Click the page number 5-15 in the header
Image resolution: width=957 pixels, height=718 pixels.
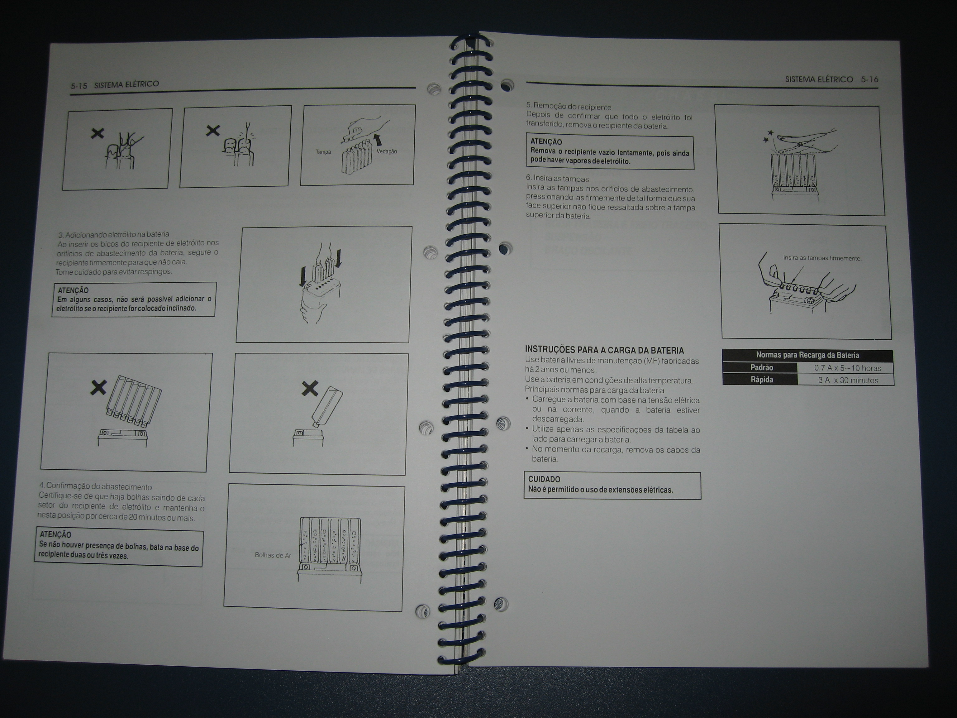pyautogui.click(x=79, y=86)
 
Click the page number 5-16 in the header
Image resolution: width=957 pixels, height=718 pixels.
pyautogui.click(x=869, y=79)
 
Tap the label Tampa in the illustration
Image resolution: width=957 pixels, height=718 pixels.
pyautogui.click(x=323, y=152)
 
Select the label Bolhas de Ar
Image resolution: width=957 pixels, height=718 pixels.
pyautogui.click(x=273, y=555)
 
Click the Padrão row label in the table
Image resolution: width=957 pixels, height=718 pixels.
pyautogui.click(x=761, y=368)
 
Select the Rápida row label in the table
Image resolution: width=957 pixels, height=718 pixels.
pyautogui.click(x=761, y=380)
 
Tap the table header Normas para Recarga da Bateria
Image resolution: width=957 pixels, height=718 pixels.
pyautogui.click(x=807, y=355)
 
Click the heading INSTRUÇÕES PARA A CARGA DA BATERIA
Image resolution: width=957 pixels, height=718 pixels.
pyautogui.click(x=604, y=350)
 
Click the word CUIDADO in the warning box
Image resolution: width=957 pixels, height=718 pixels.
pyautogui.click(x=544, y=479)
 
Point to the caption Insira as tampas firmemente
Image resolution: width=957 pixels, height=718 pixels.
pyautogui.click(x=822, y=258)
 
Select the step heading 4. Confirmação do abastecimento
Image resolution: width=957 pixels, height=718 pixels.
pyautogui.click(x=96, y=486)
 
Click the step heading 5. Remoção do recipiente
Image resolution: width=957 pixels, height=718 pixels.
pyautogui.click(x=569, y=107)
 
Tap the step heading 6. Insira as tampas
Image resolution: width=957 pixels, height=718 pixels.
pyautogui.click(x=557, y=178)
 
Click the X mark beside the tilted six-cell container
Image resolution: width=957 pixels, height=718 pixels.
pyautogui.click(x=99, y=387)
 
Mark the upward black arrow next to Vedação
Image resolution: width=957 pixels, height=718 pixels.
pyautogui.click(x=378, y=139)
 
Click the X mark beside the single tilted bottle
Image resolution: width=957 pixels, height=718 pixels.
pyautogui.click(x=310, y=388)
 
